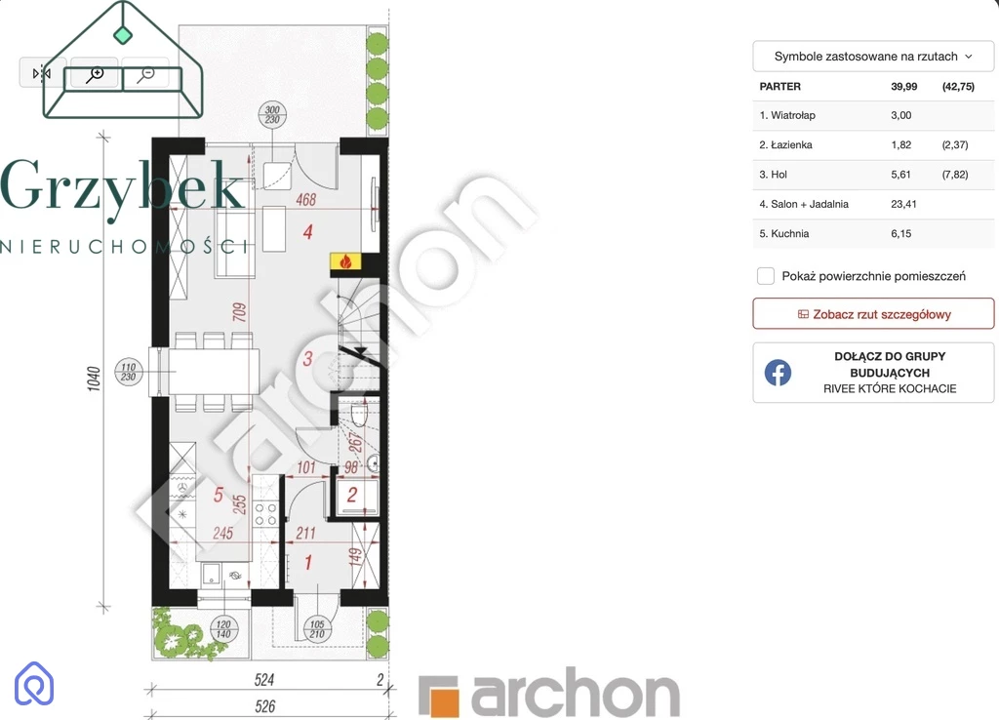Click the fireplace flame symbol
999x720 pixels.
coord(346,261)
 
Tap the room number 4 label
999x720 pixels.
coord(307,231)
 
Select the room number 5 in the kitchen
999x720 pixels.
coord(219,495)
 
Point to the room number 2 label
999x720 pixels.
coord(351,495)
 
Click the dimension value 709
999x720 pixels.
coord(240,312)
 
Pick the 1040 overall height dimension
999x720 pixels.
coord(94,380)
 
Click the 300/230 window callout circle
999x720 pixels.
coord(273,115)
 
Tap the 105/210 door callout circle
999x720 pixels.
coord(317,629)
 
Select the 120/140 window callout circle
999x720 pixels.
coord(223,629)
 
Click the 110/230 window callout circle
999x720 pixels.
coord(129,372)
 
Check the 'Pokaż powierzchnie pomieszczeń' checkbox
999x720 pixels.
coord(766,276)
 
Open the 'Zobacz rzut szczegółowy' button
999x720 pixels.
coord(873,314)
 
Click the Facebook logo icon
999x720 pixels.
coord(778,373)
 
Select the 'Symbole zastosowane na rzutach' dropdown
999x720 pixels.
coord(873,56)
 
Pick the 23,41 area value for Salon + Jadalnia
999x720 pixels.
coord(903,204)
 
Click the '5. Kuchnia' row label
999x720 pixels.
coord(784,234)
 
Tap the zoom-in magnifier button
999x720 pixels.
coord(95,74)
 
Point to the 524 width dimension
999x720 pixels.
coord(264,680)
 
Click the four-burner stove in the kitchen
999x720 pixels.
coord(265,515)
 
